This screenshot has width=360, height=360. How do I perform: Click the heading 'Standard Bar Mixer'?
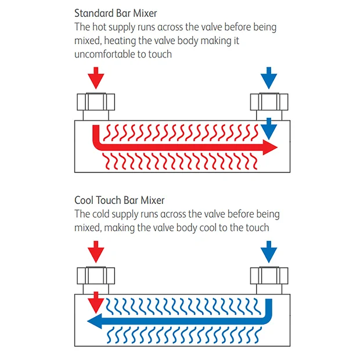[116, 13]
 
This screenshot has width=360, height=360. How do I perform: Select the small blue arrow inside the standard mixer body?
[268, 128]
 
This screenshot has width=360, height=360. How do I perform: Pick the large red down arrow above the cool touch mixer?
[97, 251]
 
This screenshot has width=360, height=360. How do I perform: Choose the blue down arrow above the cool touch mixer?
[268, 251]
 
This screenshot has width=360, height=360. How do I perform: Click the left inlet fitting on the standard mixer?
[96, 103]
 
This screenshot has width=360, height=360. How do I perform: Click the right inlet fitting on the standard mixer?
[269, 103]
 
